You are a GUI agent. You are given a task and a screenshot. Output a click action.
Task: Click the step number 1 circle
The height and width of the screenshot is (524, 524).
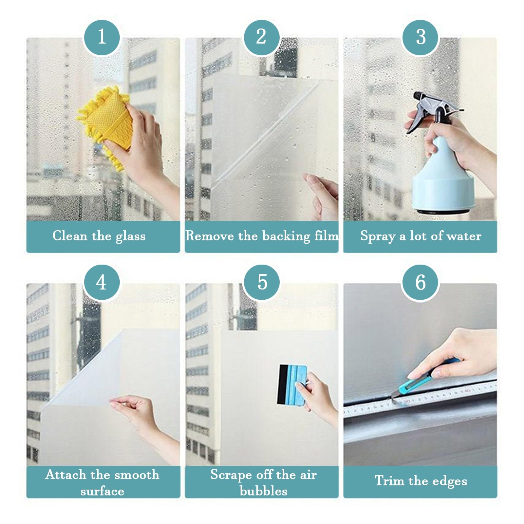[102, 37]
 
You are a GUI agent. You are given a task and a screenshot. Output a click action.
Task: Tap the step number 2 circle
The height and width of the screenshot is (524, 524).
[261, 37]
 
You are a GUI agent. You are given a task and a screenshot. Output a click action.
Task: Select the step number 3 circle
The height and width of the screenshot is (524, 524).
[421, 37]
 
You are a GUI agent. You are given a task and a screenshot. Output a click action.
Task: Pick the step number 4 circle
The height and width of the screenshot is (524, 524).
[102, 282]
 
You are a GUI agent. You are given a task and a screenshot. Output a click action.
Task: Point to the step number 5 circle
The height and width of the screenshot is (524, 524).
[262, 282]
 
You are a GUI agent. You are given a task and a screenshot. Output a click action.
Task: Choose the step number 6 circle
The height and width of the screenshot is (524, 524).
[421, 282]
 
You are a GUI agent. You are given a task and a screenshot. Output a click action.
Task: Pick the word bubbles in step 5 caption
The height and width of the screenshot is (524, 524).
[263, 491]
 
